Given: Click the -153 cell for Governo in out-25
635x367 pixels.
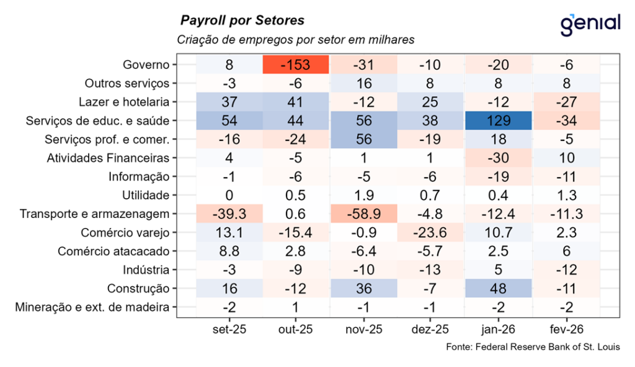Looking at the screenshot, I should [295, 65].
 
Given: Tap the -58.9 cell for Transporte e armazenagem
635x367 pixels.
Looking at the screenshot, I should [363, 214].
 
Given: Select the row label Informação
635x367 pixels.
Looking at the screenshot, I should [138, 177].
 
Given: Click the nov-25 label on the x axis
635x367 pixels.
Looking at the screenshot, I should [363, 330].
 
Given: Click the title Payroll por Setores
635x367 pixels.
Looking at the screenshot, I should [242, 20].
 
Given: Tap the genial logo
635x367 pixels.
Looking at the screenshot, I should [590, 24].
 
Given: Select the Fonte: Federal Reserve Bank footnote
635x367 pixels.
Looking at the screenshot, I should [533, 347].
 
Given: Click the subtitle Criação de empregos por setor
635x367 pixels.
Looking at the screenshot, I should [295, 40].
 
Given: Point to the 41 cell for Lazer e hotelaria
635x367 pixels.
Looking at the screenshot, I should [295, 102].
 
